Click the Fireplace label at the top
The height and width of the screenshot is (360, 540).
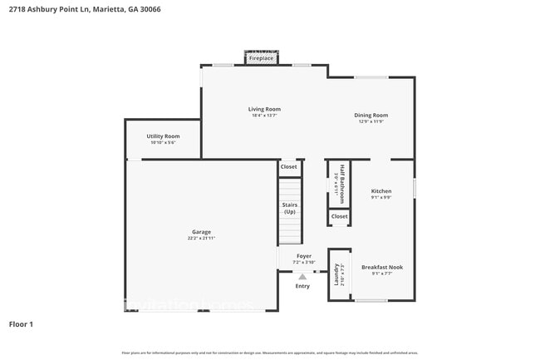tap(261, 59)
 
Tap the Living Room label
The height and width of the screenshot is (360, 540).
tap(264, 109)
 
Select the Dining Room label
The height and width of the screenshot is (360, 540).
tap(371, 116)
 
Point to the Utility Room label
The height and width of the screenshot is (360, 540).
tap(163, 136)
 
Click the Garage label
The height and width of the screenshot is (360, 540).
tap(201, 232)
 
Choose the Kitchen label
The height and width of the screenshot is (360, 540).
tap(380, 191)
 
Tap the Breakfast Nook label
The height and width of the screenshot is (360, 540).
tap(382, 267)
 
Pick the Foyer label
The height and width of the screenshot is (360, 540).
tap(304, 256)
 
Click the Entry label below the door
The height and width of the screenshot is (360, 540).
tap(302, 286)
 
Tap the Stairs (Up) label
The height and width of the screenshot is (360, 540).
tap(290, 208)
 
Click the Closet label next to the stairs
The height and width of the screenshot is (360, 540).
tap(288, 167)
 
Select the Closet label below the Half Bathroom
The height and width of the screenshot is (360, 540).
tap(339, 217)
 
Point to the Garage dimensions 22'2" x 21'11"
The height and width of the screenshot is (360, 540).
tap(201, 239)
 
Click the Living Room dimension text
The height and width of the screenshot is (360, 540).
tap(264, 116)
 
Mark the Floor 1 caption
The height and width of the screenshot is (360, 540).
tap(21, 324)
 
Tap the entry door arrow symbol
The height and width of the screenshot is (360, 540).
tap(303, 274)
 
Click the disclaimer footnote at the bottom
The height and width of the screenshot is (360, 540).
tap(270, 353)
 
